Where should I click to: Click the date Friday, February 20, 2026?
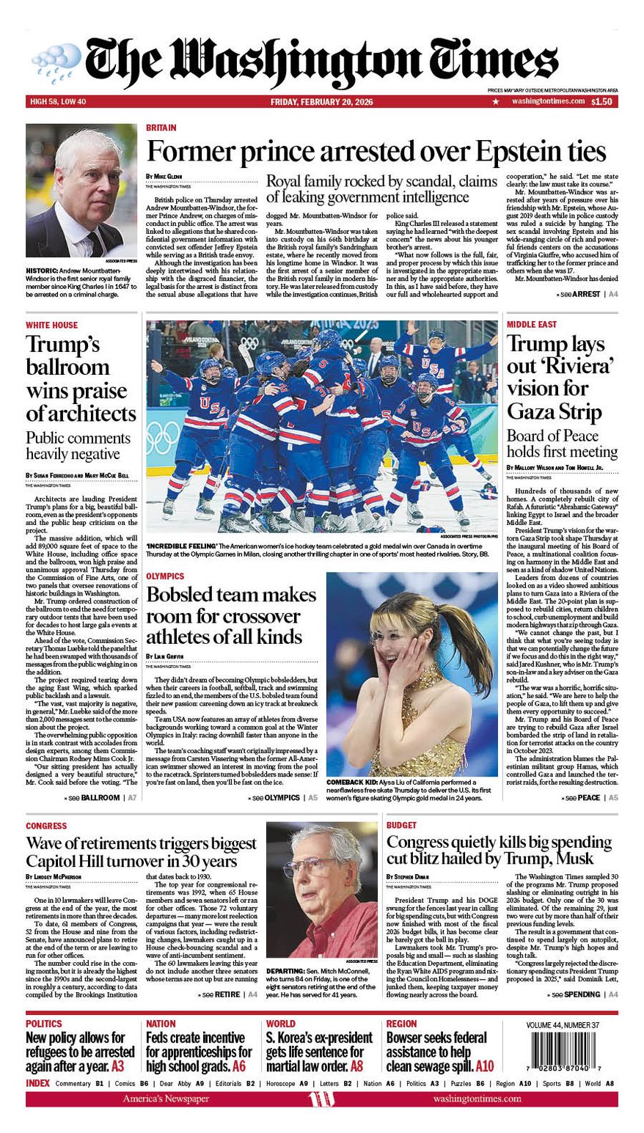coord(321,101)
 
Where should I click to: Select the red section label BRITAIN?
coord(161,128)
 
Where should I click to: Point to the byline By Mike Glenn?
coord(164,177)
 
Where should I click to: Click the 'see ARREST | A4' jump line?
coord(586,294)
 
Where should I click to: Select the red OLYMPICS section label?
coord(164,577)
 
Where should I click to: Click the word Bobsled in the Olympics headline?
coord(183,595)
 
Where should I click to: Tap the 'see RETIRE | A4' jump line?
coord(227,994)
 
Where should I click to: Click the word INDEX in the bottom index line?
coord(37,1083)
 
